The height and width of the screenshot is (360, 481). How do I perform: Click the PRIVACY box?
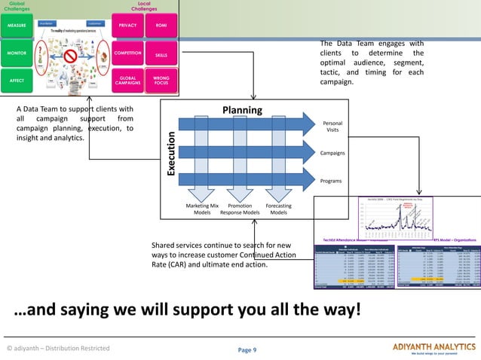(x=127, y=25)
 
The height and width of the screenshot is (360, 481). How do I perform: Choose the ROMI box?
(x=161, y=25)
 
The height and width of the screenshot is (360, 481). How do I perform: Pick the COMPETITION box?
(x=127, y=53)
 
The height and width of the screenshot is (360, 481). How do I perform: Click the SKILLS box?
(x=161, y=55)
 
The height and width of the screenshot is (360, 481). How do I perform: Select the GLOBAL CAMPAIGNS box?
(x=127, y=80)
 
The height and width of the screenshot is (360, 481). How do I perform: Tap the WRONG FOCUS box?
(x=161, y=80)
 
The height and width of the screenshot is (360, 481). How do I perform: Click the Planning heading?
(x=241, y=110)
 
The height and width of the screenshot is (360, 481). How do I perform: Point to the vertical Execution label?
(x=171, y=154)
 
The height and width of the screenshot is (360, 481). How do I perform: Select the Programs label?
(x=332, y=181)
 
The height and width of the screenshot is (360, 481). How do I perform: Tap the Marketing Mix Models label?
(x=202, y=209)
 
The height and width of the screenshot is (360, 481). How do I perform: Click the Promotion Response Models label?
(x=240, y=209)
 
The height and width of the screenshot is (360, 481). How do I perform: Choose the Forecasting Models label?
(x=278, y=209)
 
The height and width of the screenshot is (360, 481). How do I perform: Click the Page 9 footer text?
(x=247, y=349)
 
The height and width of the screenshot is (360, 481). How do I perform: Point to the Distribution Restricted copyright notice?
(x=58, y=348)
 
